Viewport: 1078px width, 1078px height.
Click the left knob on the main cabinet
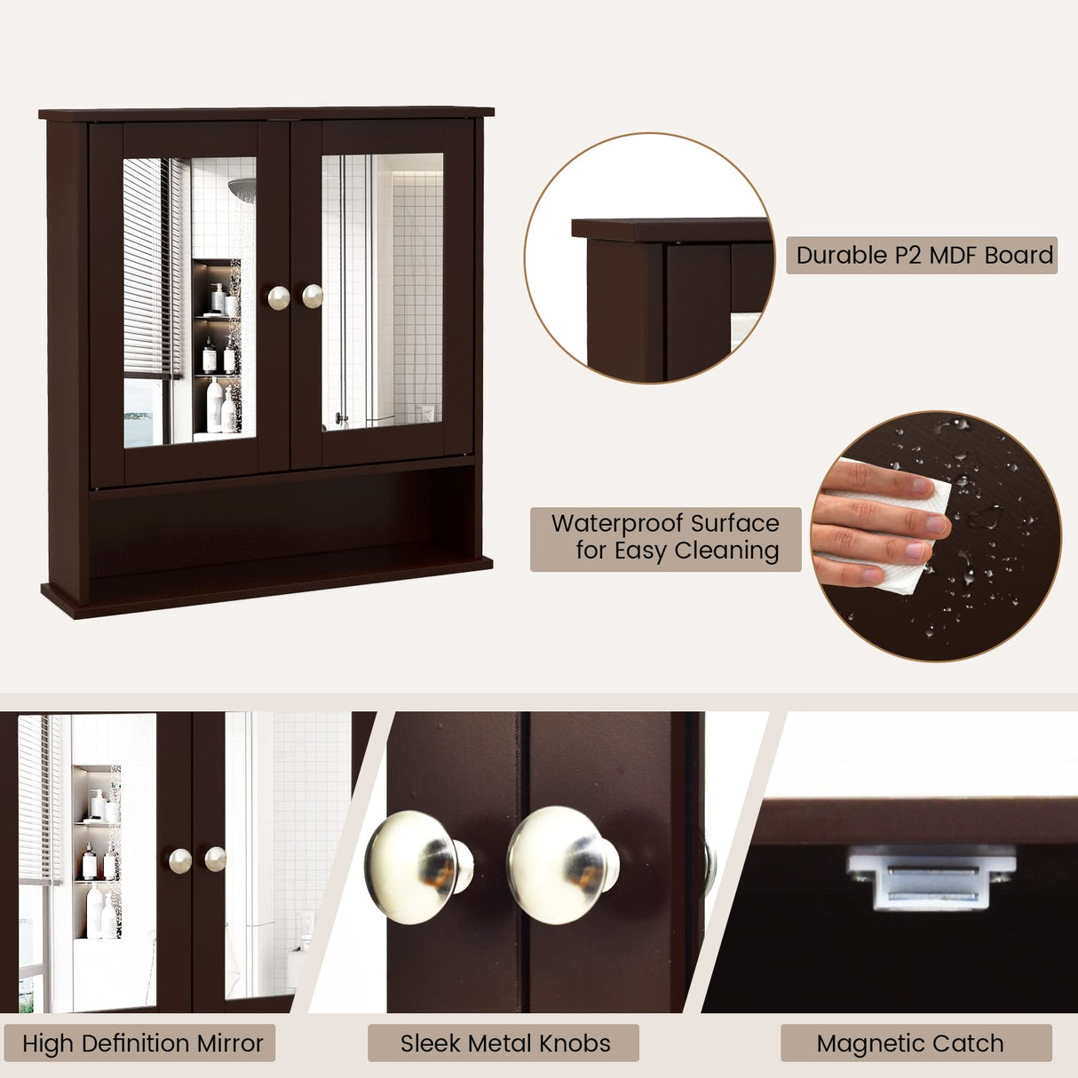click(x=279, y=297)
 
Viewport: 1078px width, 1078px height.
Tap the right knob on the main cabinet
click(x=313, y=296)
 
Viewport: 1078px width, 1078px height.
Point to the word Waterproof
click(x=618, y=523)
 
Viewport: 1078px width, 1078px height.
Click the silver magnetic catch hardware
click(x=931, y=880)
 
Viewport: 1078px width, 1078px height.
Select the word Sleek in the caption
click(x=429, y=1043)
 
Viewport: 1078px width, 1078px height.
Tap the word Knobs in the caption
click(x=577, y=1043)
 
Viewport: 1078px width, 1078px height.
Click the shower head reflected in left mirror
click(x=241, y=187)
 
